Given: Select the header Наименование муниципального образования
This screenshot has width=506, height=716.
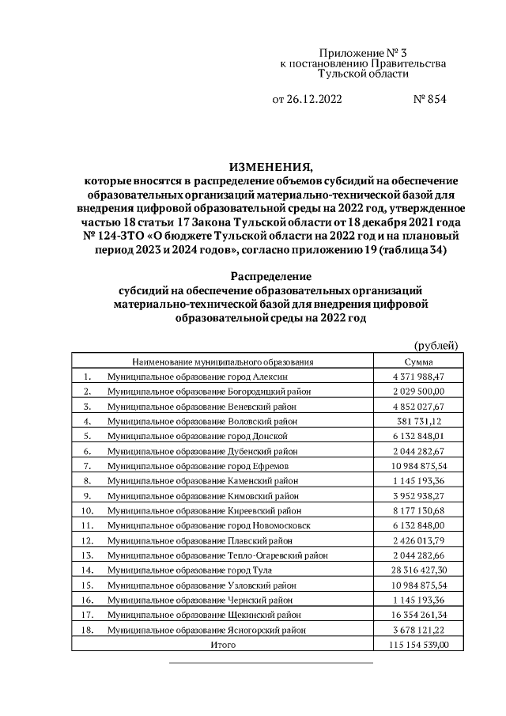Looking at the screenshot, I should coord(223,362).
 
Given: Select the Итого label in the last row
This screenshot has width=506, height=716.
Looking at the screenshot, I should coord(223,646).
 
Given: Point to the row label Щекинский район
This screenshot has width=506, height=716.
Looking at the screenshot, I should coord(203,614).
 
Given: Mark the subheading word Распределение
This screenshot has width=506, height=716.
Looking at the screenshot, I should coord(270,276).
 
